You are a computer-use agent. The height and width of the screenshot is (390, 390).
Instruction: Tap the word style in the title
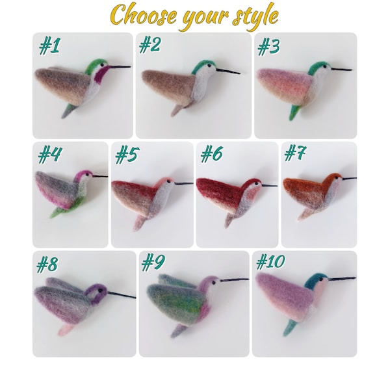click(x=253, y=14)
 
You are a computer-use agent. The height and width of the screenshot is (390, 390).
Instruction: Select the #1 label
click(x=49, y=47)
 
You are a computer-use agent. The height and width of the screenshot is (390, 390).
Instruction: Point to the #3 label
click(x=269, y=47)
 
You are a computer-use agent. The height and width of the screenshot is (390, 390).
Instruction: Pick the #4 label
click(x=50, y=155)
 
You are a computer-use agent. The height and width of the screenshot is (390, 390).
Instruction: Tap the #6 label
click(x=212, y=155)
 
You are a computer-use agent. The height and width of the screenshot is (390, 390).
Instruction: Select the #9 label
click(x=155, y=263)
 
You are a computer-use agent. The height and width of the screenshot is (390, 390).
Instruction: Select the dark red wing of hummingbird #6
click(x=218, y=188)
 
